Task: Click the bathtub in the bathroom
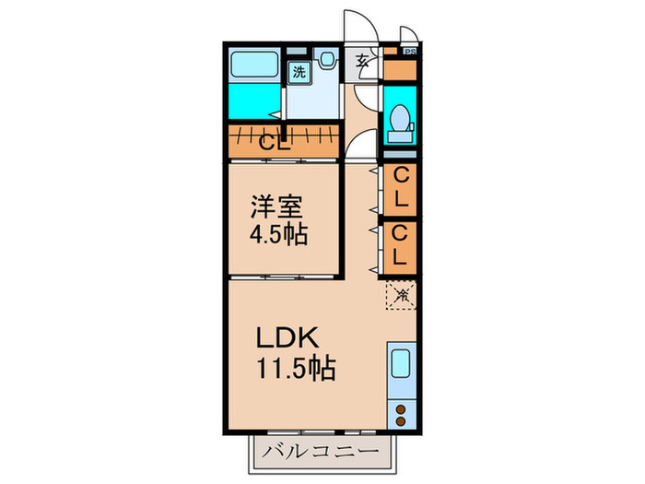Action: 254,66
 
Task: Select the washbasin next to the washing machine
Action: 327,60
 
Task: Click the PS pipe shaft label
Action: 409,53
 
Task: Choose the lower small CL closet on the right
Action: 400,244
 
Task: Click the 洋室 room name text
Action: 276,205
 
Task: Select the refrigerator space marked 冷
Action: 400,296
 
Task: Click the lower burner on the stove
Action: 402,420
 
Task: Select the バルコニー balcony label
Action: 320,452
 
